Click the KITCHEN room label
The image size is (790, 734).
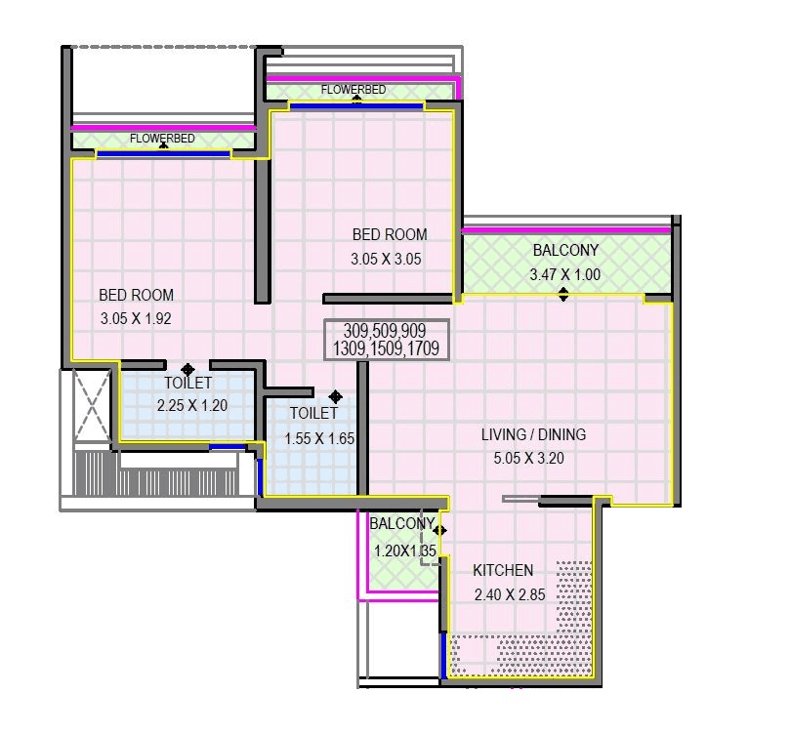point(503,570)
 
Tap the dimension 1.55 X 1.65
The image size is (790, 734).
point(318,438)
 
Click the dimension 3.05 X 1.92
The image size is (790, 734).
point(136,317)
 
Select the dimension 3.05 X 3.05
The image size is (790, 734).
point(387,259)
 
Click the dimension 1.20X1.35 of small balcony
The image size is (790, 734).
point(400,550)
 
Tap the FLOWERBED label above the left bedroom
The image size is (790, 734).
point(162,139)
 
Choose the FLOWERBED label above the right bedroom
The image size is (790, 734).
point(353,90)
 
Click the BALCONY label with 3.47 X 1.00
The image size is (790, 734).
point(565,251)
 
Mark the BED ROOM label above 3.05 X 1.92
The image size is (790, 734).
point(136,295)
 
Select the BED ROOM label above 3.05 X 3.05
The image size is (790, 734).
point(389,234)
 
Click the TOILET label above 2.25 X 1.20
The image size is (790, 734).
point(187,383)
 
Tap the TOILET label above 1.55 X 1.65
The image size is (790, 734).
point(313,414)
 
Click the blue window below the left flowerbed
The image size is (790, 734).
point(163,153)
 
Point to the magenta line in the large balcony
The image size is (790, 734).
point(566,229)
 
